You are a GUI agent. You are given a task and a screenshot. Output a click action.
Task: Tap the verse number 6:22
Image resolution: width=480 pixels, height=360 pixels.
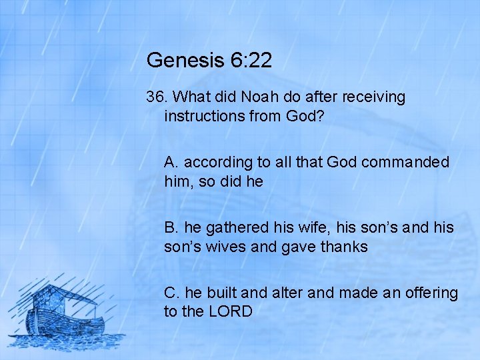click(x=249, y=61)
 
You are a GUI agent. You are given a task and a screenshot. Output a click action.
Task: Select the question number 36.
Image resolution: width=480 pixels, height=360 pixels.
click(x=156, y=97)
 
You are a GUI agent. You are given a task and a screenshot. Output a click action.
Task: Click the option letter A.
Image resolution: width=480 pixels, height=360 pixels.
click(x=171, y=162)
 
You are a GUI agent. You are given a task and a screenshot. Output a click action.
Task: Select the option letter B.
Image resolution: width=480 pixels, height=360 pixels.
click(x=171, y=227)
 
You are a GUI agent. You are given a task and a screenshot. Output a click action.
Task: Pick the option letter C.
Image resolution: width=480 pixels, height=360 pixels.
click(x=171, y=293)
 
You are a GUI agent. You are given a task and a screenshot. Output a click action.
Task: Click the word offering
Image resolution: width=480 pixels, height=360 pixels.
click(x=431, y=293)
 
